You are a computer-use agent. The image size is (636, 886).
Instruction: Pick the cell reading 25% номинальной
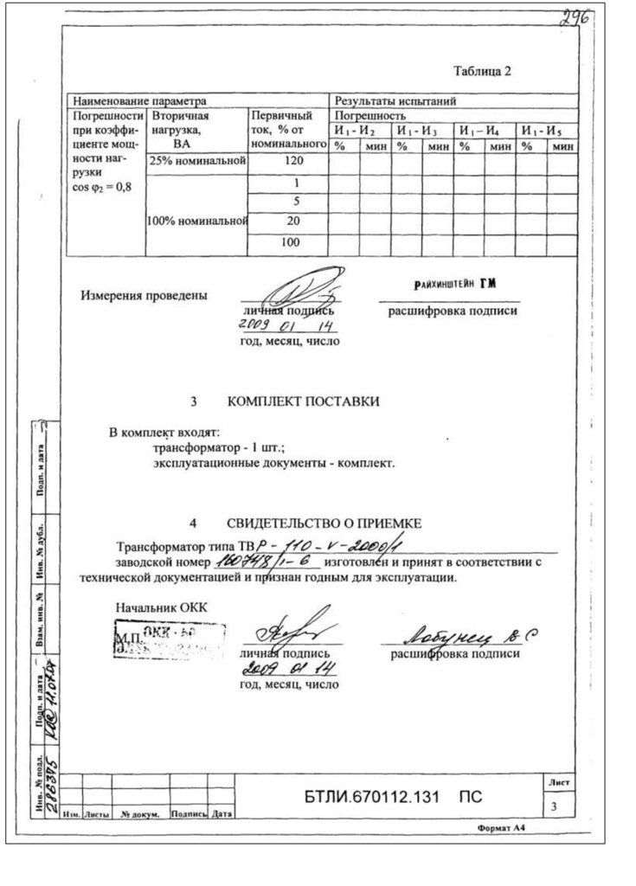point(198,162)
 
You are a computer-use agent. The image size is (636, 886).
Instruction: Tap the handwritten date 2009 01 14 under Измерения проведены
point(286,326)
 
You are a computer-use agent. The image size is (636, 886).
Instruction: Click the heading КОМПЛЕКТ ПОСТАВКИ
point(303,401)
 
